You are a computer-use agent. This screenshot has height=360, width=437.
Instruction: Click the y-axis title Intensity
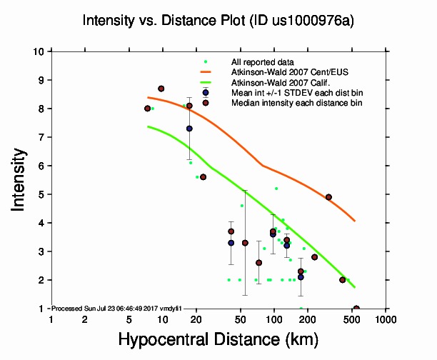[20, 179]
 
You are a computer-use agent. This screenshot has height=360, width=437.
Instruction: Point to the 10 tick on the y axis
[42, 51]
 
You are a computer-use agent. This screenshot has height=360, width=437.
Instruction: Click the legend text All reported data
[261, 62]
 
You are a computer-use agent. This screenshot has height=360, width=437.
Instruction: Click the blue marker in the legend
[206, 93]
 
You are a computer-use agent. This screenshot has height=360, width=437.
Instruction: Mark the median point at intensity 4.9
[328, 197]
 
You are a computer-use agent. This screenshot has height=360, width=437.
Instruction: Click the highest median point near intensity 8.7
[161, 89]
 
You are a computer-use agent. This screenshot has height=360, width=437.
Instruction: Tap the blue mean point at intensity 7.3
[189, 129]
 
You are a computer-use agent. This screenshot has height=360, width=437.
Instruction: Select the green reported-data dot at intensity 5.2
[276, 189]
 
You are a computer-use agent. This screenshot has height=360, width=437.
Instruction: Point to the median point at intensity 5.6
[203, 177]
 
